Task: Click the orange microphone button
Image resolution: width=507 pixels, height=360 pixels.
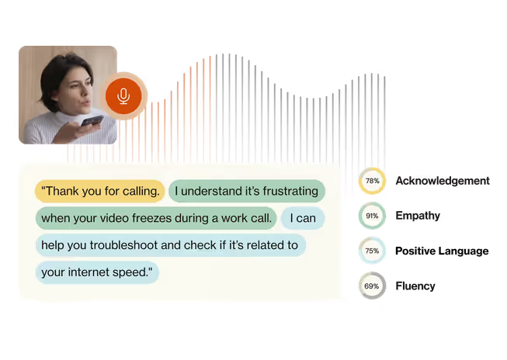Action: point(123,96)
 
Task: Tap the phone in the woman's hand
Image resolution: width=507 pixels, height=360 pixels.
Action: point(91,122)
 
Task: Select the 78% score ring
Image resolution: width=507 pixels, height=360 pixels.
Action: point(372,181)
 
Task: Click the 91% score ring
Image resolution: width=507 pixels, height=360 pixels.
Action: point(372,216)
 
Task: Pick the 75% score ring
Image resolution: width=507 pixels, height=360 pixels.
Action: point(372,251)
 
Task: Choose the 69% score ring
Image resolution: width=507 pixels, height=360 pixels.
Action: point(372,286)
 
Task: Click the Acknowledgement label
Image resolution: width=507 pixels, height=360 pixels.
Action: point(443,181)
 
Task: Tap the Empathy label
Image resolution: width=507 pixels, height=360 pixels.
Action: point(418,216)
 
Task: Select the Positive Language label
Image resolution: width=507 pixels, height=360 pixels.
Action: point(442,251)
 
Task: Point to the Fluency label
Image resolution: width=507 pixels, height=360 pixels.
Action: point(415,286)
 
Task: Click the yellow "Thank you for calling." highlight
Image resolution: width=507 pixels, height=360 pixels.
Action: point(100,191)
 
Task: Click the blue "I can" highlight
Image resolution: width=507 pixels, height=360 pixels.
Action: point(303,218)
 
